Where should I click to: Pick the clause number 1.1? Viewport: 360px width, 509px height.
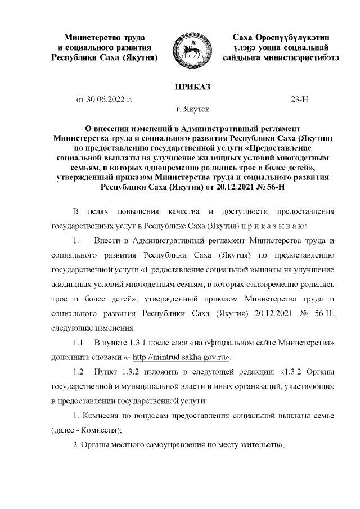pos(78,343)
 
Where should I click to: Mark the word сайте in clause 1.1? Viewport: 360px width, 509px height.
pos(260,343)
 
